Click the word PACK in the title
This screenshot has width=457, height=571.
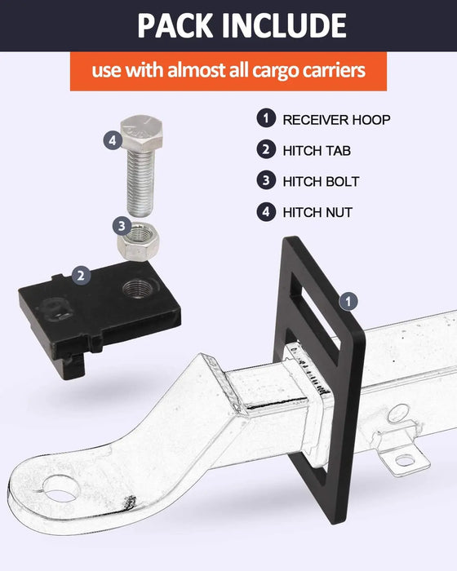click(x=175, y=25)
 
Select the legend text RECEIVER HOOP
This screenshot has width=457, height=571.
click(x=336, y=120)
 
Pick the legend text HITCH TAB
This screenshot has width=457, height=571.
click(x=317, y=151)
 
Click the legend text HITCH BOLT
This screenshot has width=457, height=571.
click(x=321, y=181)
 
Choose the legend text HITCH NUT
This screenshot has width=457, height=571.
click(x=317, y=212)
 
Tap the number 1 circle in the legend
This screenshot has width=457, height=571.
click(x=266, y=118)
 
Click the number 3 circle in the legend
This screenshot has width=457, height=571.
click(x=266, y=180)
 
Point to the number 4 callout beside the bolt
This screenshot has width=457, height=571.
click(x=113, y=139)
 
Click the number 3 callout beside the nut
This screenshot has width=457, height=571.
click(x=122, y=226)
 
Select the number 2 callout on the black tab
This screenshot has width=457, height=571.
click(x=82, y=275)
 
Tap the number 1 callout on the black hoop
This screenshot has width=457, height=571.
click(x=348, y=302)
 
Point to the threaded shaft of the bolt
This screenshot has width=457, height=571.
click(x=141, y=182)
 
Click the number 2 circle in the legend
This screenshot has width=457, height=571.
click(x=266, y=149)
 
